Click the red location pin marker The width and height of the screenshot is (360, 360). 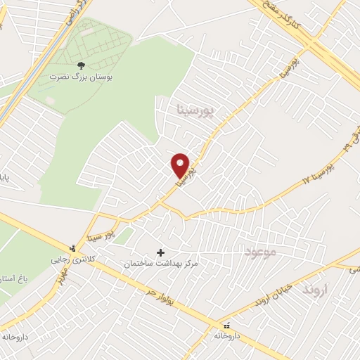[181, 165]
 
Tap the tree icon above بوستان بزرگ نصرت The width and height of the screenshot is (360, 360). [81, 65]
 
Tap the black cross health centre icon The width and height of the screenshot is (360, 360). [161, 252]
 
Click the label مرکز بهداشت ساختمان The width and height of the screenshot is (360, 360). [161, 264]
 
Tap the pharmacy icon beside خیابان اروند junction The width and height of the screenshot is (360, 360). [226, 326]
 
